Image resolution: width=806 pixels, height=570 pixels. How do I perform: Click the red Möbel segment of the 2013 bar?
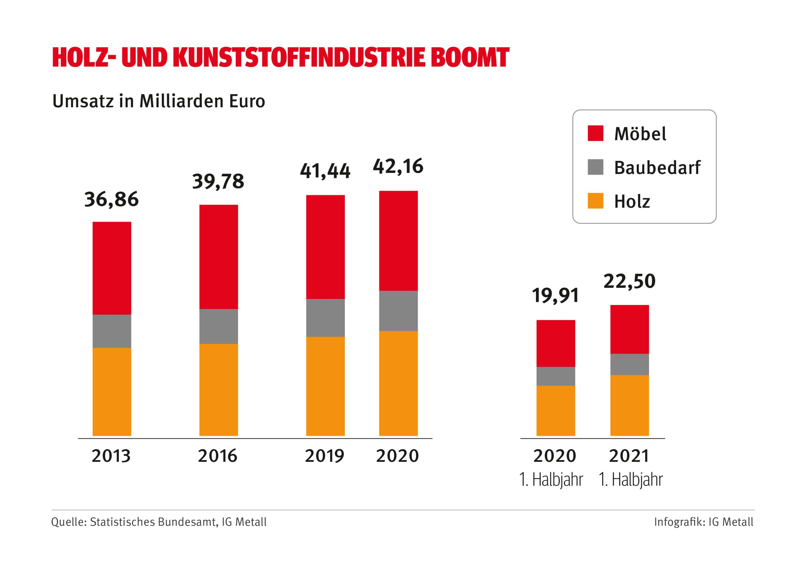(x=111, y=268)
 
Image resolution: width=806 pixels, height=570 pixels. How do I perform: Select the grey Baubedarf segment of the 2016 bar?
(x=218, y=326)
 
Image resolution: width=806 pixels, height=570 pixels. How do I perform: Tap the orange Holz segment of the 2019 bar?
(x=325, y=386)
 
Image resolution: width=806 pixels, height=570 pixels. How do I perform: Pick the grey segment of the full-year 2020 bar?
(x=398, y=311)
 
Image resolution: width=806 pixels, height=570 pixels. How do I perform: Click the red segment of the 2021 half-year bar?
(x=629, y=329)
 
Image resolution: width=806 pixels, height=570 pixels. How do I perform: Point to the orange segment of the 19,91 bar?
(x=555, y=410)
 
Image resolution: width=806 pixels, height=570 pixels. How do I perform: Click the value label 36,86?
(x=111, y=200)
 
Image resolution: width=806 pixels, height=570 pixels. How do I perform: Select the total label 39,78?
(x=218, y=182)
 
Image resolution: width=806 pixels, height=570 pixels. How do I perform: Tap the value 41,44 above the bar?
(x=325, y=171)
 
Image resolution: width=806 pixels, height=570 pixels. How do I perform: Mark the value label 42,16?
(x=398, y=167)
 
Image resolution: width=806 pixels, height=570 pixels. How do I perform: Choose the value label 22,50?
(x=629, y=281)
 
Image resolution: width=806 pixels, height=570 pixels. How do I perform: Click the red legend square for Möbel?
(x=595, y=133)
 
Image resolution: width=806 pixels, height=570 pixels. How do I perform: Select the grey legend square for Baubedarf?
(x=595, y=167)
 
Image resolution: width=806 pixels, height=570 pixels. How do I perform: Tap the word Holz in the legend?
(x=632, y=202)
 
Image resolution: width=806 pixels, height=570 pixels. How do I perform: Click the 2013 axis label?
(x=111, y=456)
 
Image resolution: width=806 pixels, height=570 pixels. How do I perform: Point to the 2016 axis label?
(x=218, y=456)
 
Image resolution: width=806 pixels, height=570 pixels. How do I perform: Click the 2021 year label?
(x=629, y=456)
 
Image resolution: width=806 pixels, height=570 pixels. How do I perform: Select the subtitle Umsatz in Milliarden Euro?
(x=159, y=101)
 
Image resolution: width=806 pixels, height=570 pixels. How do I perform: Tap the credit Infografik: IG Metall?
(x=704, y=522)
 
